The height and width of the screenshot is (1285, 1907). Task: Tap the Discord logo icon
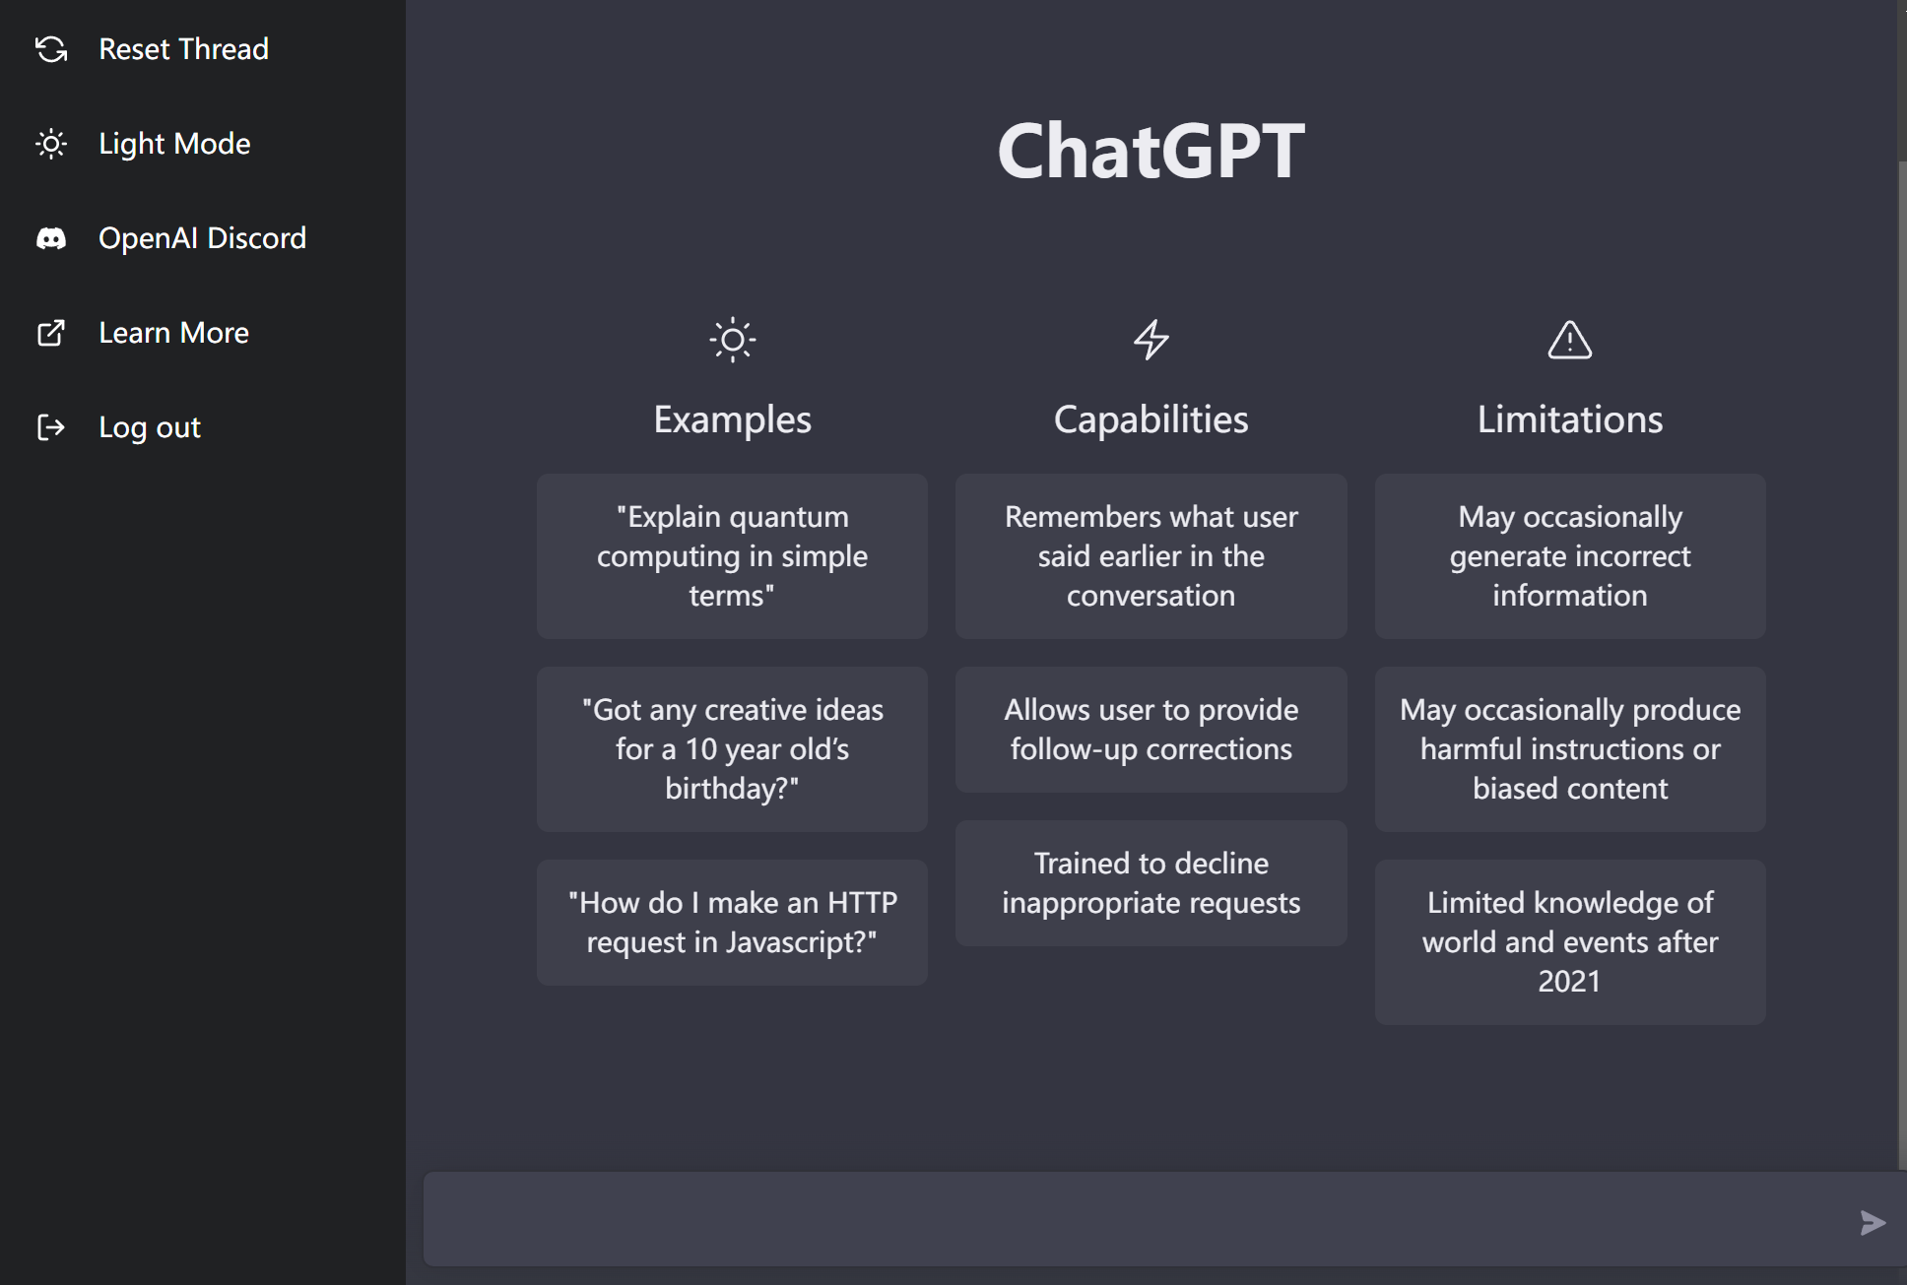51,238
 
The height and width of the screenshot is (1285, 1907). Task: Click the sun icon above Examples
733,341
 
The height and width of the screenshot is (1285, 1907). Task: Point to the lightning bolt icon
1151,340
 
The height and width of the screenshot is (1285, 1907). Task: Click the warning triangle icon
1570,340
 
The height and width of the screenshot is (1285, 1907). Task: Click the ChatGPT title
1151,151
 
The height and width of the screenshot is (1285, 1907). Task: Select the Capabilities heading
1151,419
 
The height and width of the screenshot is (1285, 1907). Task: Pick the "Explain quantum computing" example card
732,556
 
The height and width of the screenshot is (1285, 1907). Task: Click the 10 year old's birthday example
732,749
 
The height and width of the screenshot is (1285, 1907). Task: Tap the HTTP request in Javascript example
732,923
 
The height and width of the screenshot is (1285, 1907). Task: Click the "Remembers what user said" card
1151,556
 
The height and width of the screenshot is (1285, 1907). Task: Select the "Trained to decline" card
1151,883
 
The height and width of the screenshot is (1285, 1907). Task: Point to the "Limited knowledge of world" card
1570,942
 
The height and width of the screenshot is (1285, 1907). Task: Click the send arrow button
1873,1223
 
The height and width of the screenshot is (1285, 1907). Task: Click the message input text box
1133,1219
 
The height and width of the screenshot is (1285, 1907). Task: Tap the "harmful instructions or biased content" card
1570,749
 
